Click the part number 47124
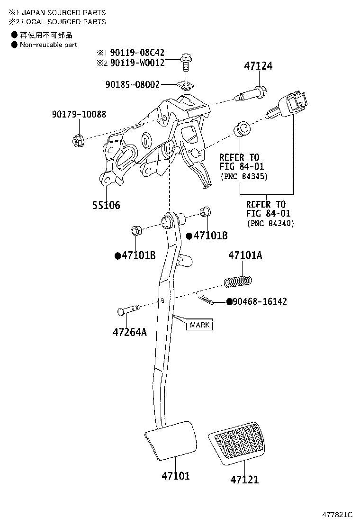coord(258,66)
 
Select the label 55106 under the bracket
coord(106,205)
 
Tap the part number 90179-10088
coord(79,114)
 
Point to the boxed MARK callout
coord(199,325)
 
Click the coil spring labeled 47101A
coord(238,282)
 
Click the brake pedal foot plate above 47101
coord(170,440)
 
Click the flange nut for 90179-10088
coord(77,140)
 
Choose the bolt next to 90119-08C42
coord(185,62)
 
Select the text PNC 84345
coord(244,176)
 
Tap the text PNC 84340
coord(270,223)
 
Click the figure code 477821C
coord(337,515)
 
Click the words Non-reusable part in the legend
coord(48,45)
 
